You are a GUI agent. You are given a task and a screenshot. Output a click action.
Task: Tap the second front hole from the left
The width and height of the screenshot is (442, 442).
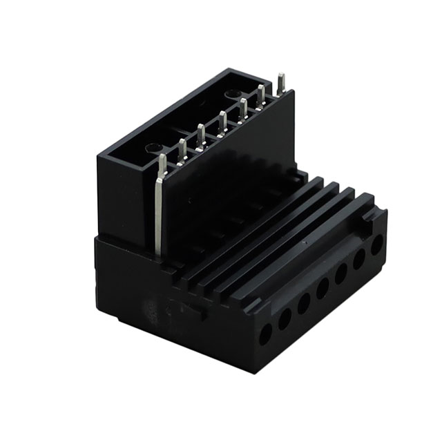tap(285, 319)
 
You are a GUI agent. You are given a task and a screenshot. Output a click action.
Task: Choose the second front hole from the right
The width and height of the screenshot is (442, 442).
tap(360, 260)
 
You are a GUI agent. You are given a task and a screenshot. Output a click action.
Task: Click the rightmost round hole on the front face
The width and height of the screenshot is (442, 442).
tap(377, 245)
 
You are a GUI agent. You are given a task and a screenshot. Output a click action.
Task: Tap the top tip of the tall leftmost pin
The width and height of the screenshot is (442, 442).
tap(162, 158)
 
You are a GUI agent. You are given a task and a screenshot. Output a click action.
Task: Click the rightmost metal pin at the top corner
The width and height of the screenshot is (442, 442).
tap(281, 77)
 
